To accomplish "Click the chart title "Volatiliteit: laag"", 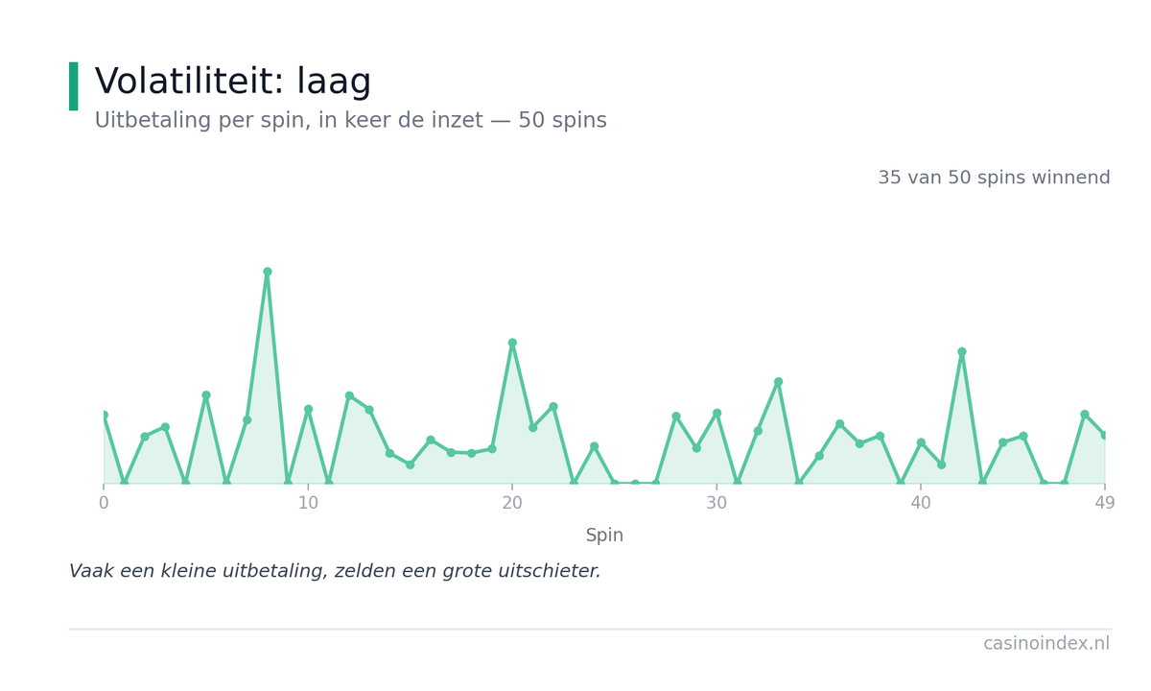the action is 233,81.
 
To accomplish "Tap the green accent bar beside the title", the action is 74,85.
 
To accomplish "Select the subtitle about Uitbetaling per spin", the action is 350,120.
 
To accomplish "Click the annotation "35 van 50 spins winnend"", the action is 994,178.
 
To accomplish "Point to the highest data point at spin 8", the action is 268,272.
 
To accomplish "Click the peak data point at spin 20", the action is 512,343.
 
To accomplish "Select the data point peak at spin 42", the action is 962,351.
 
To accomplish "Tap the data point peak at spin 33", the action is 779,382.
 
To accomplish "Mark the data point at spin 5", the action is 206,394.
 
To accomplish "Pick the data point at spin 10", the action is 308,409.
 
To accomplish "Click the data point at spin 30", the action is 716,413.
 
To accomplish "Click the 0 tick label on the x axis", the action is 104,503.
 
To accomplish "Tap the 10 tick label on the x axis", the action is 308,503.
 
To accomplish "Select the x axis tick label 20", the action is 512,503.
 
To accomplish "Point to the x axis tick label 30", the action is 716,503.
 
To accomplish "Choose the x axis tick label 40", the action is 921,503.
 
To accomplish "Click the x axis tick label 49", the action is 1105,503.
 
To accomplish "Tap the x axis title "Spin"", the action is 604,536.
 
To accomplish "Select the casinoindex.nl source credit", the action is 1046,643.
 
